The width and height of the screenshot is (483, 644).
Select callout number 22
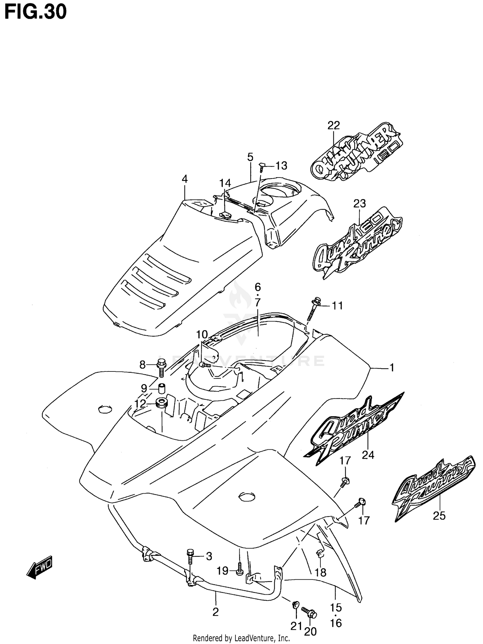coord(334,125)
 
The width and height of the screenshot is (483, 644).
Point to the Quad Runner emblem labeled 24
coord(353,428)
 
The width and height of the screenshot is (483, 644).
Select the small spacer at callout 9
coord(161,388)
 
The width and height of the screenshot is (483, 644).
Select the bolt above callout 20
coord(309,612)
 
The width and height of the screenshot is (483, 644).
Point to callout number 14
coord(225,183)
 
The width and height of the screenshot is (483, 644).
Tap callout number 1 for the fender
coord(392,368)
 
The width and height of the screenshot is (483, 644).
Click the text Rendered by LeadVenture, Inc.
coord(241,638)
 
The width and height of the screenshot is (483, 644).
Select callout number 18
coord(321,572)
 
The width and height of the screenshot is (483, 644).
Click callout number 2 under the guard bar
coord(215,612)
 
